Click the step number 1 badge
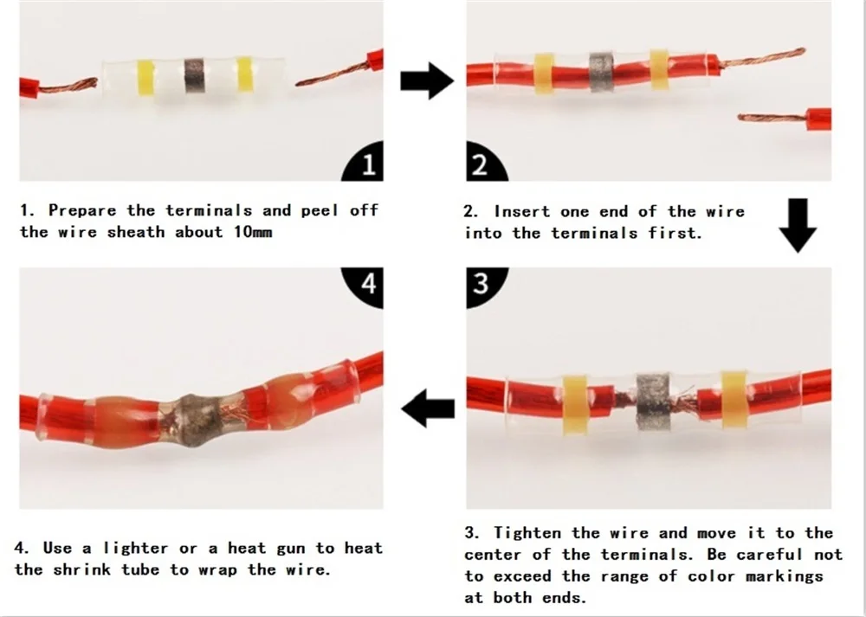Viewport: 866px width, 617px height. coord(365,164)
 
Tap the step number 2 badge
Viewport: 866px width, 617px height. coord(482,164)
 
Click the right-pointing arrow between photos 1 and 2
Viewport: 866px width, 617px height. coord(427,80)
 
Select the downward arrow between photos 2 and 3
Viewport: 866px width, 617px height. coord(798,225)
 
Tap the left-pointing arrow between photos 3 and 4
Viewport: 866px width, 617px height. coord(428,408)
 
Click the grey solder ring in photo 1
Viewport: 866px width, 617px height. coord(194,76)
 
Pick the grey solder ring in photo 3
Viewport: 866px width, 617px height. coord(653,402)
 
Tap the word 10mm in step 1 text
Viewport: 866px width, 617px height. coord(253,232)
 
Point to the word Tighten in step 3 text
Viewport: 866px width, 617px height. coord(527,534)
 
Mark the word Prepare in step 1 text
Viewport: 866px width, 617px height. coord(82,211)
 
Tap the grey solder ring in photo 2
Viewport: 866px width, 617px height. coord(602,72)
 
